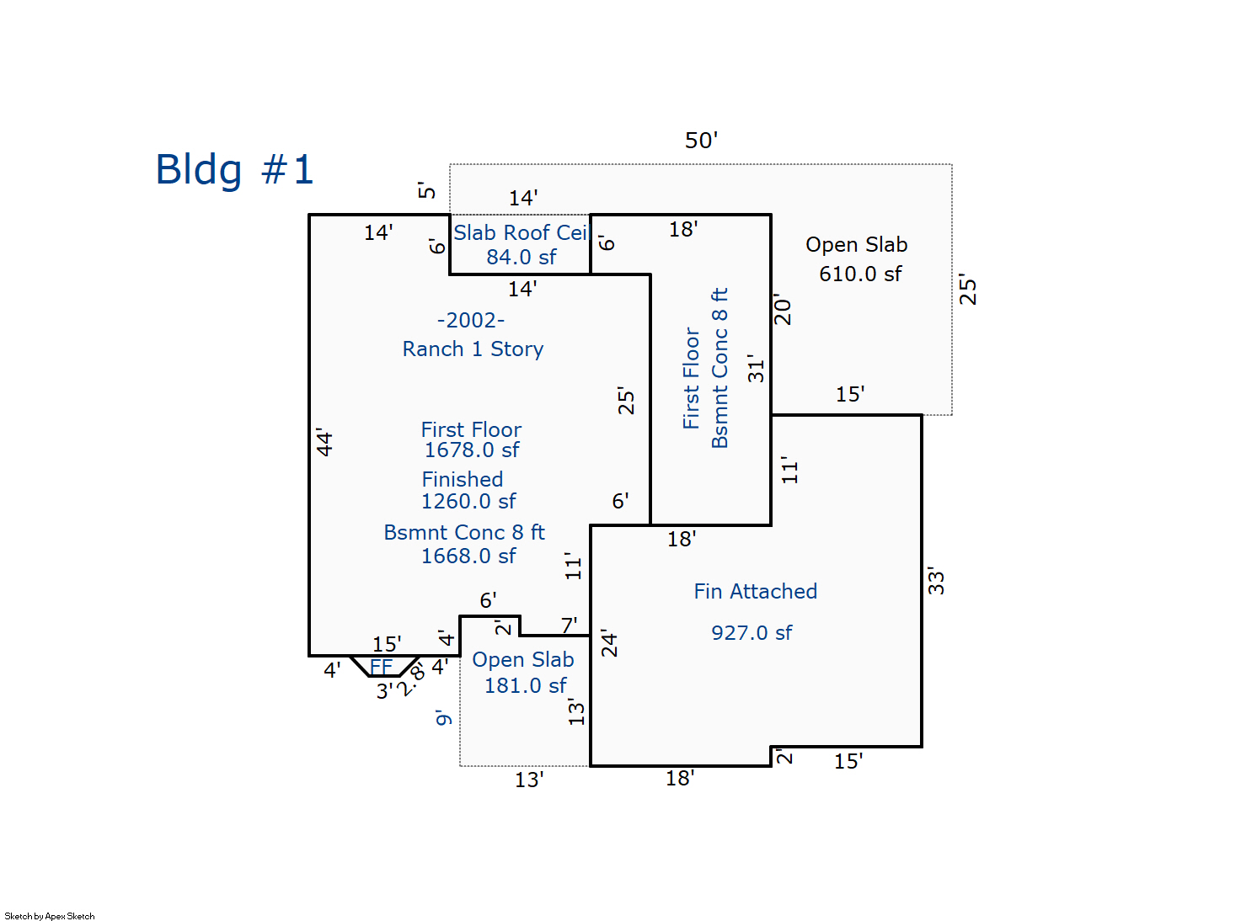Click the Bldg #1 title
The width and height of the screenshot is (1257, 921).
click(x=234, y=170)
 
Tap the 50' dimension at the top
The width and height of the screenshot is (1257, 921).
click(x=701, y=140)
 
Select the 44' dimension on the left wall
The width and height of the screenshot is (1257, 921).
click(x=324, y=443)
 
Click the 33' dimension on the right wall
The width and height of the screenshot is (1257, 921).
click(x=936, y=581)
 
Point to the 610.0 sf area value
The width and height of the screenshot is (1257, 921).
click(x=860, y=274)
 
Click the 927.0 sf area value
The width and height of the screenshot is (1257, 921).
click(x=752, y=633)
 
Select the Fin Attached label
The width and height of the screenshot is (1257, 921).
click(x=755, y=592)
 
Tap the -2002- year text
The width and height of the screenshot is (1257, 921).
click(x=471, y=321)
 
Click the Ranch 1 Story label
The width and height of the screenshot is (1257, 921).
click(x=473, y=349)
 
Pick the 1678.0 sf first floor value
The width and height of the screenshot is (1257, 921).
click(x=471, y=450)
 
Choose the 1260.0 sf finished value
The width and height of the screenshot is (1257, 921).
click(x=468, y=502)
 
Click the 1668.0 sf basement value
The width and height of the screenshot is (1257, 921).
click(x=468, y=556)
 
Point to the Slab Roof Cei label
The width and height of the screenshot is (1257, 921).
click(x=520, y=233)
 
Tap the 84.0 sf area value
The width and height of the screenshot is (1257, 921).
click(x=521, y=258)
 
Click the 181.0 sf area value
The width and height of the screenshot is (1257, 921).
click(x=525, y=686)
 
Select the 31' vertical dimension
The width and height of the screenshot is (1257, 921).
click(x=756, y=369)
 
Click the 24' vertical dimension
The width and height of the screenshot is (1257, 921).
click(x=608, y=643)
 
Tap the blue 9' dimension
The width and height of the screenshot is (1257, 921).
click(x=443, y=718)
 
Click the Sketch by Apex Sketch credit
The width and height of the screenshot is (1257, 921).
click(x=50, y=916)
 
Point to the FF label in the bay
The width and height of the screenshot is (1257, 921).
click(x=382, y=667)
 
